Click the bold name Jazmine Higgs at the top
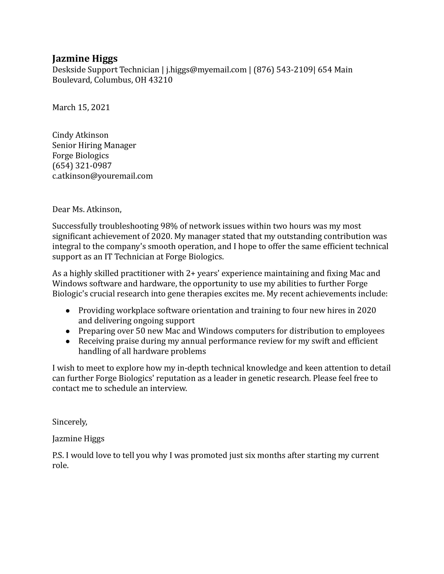85,58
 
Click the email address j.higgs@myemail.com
206,70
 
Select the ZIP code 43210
160,80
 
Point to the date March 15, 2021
81,107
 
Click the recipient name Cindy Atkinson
80,135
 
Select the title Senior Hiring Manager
94,145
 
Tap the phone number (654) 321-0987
82,165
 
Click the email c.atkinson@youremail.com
102,176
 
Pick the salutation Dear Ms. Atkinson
87,209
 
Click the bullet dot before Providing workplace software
68,311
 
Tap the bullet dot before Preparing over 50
68,331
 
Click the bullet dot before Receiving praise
68,341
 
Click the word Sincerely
70,422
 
